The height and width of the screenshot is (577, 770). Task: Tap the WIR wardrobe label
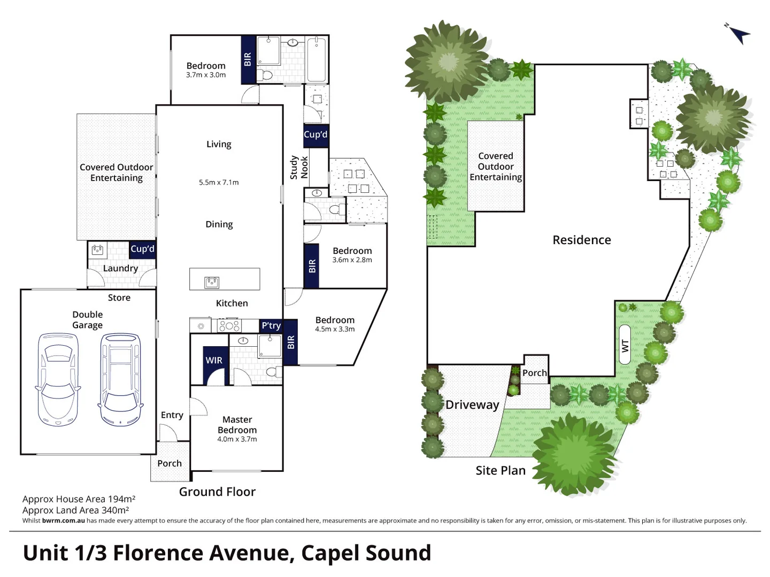[214, 361]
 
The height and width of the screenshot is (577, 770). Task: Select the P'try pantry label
[271, 325]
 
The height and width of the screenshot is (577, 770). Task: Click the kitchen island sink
[212, 282]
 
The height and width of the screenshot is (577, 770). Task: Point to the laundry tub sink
[98, 249]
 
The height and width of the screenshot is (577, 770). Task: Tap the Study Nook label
[299, 167]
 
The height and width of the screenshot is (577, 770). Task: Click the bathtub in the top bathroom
[317, 59]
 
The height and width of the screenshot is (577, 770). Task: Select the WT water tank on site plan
[624, 345]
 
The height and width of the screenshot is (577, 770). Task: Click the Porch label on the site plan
[535, 373]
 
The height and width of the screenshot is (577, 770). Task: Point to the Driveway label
[472, 405]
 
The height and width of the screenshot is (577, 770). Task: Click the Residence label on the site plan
[582, 240]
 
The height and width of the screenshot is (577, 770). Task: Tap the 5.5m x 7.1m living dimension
[219, 182]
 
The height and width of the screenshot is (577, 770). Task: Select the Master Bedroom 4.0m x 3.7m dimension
[237, 439]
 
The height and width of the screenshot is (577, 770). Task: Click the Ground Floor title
[217, 492]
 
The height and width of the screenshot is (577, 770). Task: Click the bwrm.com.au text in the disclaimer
[63, 520]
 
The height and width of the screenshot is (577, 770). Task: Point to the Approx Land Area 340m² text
[75, 510]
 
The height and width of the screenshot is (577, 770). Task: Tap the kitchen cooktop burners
[229, 325]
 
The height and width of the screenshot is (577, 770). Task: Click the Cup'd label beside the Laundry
[142, 249]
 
